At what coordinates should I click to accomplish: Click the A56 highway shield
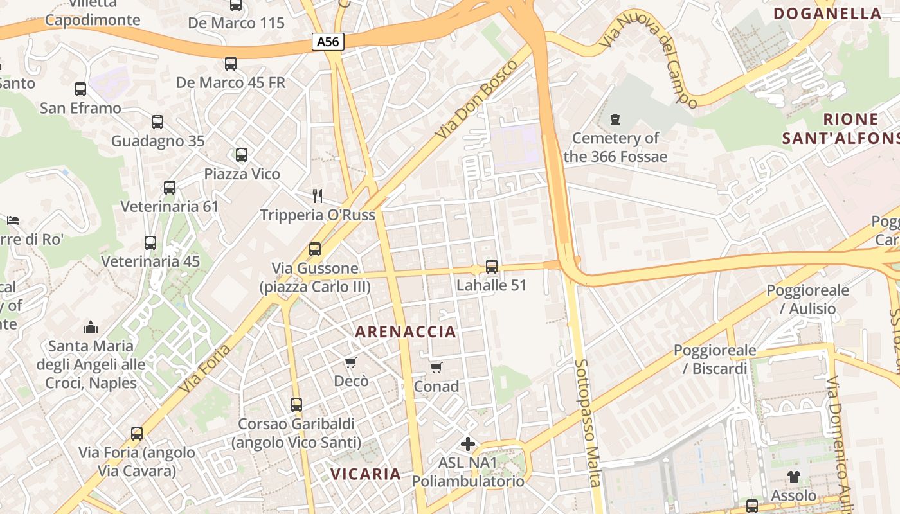pos(328,42)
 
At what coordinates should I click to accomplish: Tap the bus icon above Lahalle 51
pos(492,266)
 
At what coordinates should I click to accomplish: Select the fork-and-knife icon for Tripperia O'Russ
pos(317,195)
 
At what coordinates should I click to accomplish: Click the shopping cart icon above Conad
pos(437,368)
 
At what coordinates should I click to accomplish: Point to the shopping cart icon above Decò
pos(351,363)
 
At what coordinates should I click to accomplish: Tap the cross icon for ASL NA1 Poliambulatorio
pos(468,444)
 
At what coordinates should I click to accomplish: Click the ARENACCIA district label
pos(406,332)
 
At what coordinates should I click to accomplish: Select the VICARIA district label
pos(365,474)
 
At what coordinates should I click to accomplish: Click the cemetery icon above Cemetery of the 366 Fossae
pos(615,120)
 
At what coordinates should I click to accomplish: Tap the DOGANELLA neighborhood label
pos(827,13)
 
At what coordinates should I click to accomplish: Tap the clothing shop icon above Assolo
pos(794,477)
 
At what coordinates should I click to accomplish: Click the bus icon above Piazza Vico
pos(242,155)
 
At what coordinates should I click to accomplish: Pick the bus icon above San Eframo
pos(80,89)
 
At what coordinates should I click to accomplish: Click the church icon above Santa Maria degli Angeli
pos(91,327)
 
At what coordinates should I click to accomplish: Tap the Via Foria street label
pos(205,369)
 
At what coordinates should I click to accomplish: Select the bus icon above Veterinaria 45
pos(150,243)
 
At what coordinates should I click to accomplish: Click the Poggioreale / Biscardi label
pos(715,359)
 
